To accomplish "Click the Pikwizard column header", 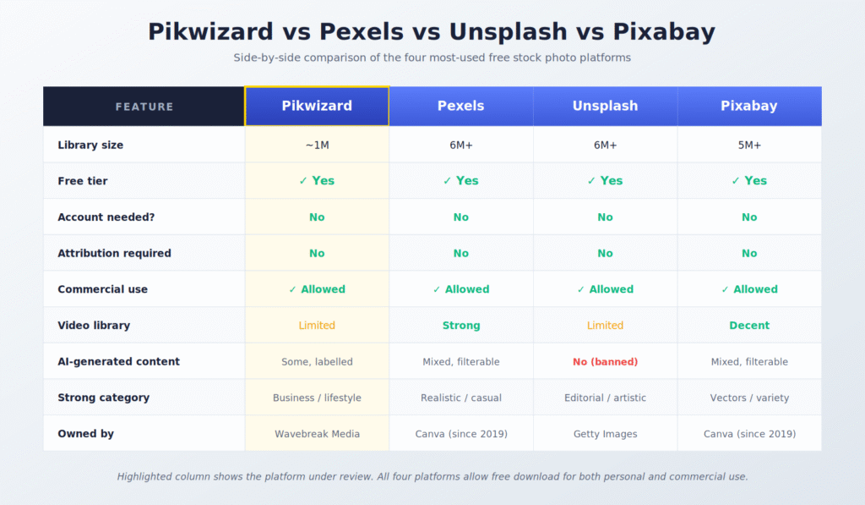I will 317,106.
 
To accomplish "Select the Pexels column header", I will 460,106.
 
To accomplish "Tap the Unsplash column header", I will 605,106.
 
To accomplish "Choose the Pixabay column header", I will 748,106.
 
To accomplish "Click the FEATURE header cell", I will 144,107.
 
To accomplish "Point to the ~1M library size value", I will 317,145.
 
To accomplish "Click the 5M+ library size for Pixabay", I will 748,145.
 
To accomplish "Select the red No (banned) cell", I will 605,361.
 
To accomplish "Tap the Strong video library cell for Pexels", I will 460,325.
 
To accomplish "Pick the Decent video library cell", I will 748,325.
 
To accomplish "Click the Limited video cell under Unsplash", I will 605,325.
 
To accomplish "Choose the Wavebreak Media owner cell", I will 317,433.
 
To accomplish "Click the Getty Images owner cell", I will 605,433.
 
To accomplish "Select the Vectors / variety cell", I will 748,398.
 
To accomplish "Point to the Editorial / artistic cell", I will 605,398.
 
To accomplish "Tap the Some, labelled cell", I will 317,361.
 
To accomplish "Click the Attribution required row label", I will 114,253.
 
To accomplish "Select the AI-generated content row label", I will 118,361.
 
